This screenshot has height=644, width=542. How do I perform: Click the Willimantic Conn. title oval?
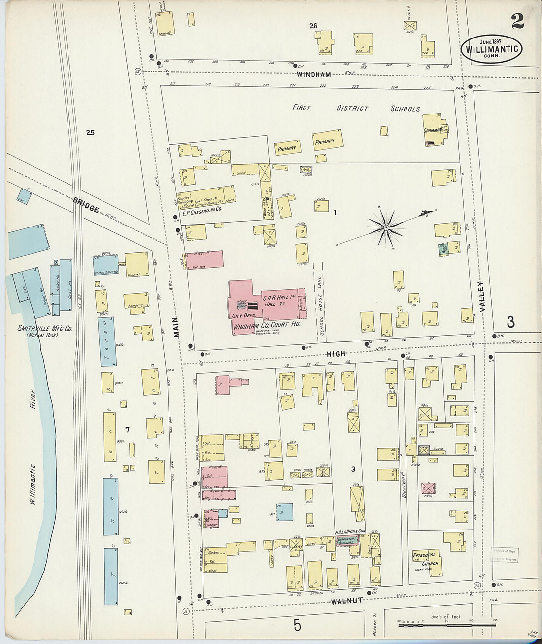(491, 49)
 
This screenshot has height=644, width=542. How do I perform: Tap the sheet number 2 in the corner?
(517, 21)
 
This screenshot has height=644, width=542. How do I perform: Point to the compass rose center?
(387, 227)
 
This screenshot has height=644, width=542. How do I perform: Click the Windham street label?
(313, 75)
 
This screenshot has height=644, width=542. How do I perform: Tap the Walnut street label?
(347, 601)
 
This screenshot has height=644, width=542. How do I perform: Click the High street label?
(336, 354)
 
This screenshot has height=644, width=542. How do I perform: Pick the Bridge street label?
(86, 205)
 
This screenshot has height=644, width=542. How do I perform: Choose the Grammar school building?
(435, 130)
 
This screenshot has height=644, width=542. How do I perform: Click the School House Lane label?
(322, 305)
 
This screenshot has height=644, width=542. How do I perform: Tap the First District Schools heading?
(356, 108)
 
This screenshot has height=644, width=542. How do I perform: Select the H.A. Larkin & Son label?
(350, 531)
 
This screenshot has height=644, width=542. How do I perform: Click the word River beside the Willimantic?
(33, 399)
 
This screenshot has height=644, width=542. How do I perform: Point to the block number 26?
(313, 26)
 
